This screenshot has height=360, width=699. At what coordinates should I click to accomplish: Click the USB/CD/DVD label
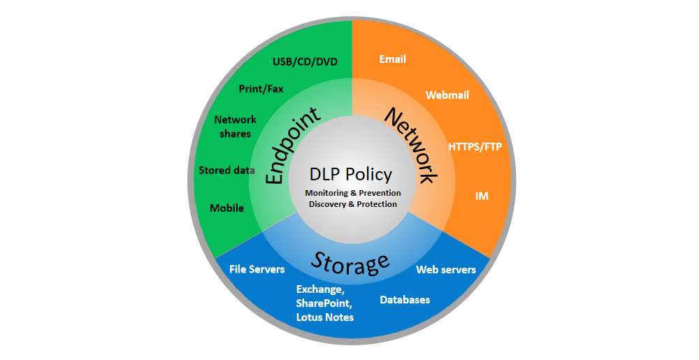point(305,62)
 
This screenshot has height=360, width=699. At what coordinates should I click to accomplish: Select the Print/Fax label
point(262,89)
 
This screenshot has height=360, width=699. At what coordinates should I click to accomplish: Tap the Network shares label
point(236,127)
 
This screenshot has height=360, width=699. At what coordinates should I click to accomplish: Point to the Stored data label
point(226,170)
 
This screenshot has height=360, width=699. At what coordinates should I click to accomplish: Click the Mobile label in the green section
point(226,208)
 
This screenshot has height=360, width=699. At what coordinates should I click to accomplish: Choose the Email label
point(393,59)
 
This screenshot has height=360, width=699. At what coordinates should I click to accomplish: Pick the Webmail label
point(447,95)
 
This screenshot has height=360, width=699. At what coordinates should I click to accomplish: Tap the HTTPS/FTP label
point(475,147)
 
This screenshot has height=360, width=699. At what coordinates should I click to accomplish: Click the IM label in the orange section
point(482,196)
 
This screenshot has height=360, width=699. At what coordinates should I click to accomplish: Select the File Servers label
point(257,269)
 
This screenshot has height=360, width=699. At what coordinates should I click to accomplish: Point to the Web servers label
point(446,269)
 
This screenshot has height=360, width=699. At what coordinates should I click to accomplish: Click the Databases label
point(405,300)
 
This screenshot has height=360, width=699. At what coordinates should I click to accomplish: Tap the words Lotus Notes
point(325,317)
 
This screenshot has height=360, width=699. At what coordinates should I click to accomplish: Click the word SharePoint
point(324,303)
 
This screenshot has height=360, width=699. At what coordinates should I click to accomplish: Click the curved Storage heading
point(349,262)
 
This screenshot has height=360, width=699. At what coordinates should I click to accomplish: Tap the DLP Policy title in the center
point(350,174)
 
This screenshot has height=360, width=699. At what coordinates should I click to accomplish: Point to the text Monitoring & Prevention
point(353,192)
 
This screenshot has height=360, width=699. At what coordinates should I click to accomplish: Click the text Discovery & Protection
point(353,204)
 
